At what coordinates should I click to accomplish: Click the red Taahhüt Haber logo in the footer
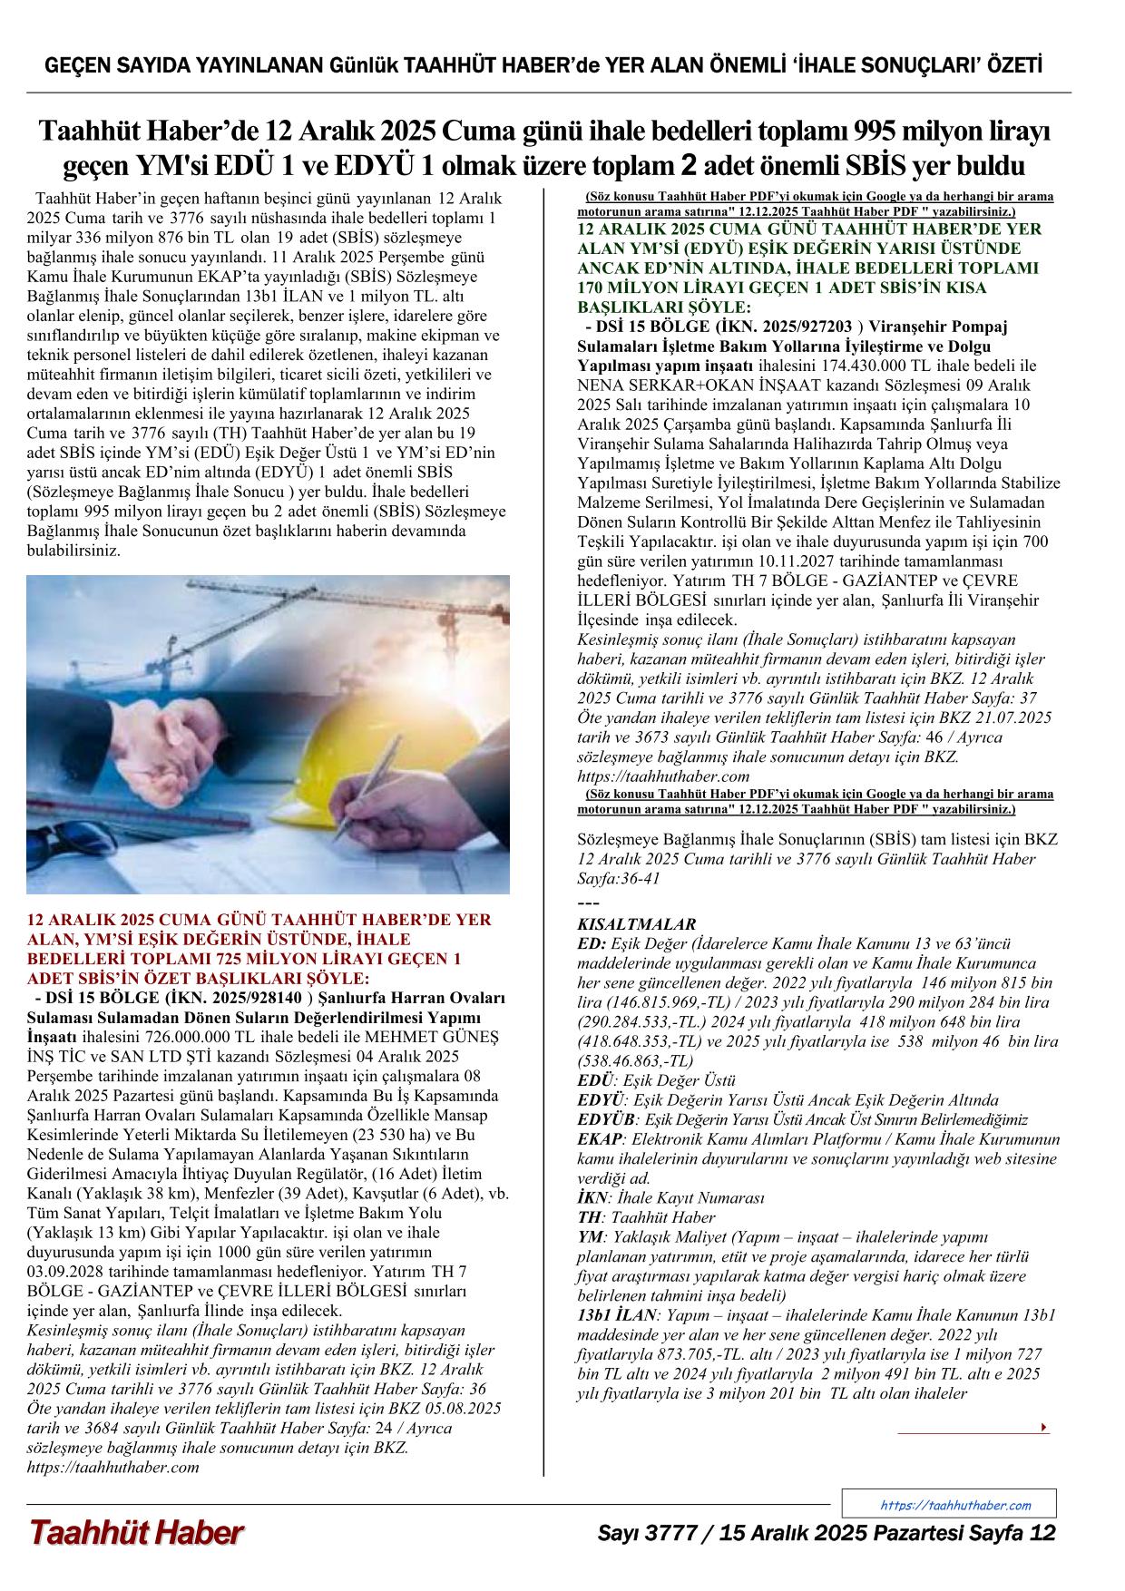coord(136,1533)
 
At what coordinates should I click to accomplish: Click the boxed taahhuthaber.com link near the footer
coord(955,1505)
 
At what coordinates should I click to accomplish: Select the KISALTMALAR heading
coord(636,924)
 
